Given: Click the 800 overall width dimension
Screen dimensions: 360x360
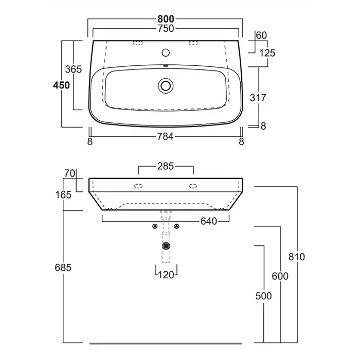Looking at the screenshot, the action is [x=166, y=19].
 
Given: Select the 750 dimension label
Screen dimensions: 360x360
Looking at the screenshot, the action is [x=166, y=28].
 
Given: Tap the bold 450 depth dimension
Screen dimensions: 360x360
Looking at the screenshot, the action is [x=61, y=85].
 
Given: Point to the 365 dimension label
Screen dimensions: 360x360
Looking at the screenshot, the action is [x=73, y=69].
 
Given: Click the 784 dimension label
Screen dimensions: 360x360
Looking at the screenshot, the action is [x=165, y=137].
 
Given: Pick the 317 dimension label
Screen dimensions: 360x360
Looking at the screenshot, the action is [x=258, y=98].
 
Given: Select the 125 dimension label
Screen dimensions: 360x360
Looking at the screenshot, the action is [x=267, y=53].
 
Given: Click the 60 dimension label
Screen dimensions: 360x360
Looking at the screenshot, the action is [x=261, y=35].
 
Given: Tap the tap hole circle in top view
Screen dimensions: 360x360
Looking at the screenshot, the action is [x=166, y=52].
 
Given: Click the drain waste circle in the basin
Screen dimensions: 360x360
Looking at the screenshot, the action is [x=166, y=86].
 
